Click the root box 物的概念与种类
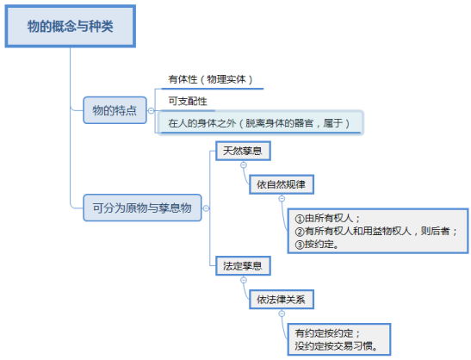[x=71, y=26]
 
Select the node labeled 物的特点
[x=115, y=110]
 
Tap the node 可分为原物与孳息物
[x=142, y=208]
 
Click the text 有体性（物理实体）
[x=210, y=79]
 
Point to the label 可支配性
[x=188, y=102]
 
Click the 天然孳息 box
[x=243, y=151]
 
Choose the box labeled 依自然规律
[x=282, y=184]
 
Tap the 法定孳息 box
[x=243, y=266]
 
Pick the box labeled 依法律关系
[x=282, y=300]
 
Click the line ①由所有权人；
[x=327, y=218]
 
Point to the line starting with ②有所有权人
[x=376, y=231]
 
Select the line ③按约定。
[x=317, y=245]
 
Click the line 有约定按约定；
[x=327, y=333]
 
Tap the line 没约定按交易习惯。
[x=336, y=346]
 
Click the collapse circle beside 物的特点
[x=151, y=111]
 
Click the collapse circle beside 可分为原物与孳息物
[x=206, y=208]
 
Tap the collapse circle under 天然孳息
[x=244, y=165]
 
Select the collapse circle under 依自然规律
[x=282, y=199]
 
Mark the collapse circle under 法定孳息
[x=244, y=280]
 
